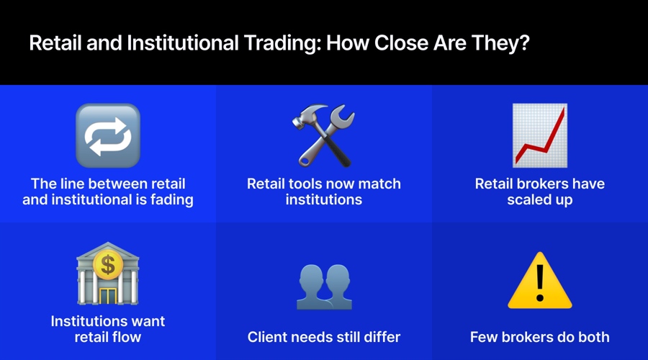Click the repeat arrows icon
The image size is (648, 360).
(x=108, y=135)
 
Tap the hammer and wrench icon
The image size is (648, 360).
(x=324, y=135)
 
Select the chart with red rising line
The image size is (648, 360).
(x=539, y=135)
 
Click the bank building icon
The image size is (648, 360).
(x=108, y=274)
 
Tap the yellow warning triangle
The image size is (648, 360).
(x=539, y=281)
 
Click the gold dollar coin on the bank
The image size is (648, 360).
(x=108, y=264)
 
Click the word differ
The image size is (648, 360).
(x=380, y=337)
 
